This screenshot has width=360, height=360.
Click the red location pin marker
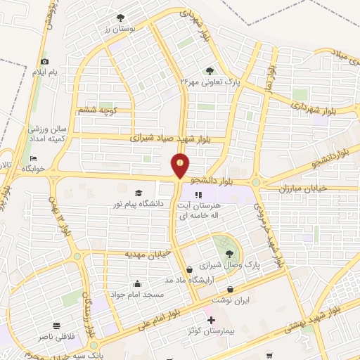click(181, 165)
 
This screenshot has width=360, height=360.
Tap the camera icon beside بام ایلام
click(45, 61)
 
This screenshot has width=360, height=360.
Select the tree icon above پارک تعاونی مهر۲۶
click(210, 70)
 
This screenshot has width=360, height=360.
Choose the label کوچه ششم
click(98, 110)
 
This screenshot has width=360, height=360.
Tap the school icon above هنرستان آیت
click(198, 195)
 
